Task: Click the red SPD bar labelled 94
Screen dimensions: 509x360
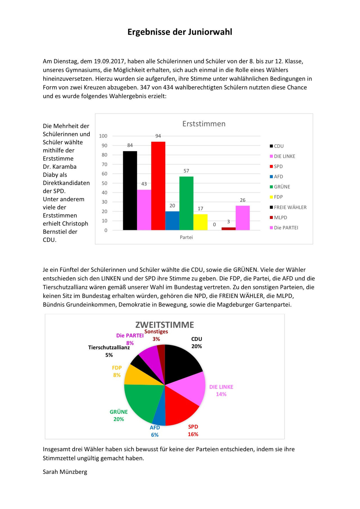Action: (x=158, y=186)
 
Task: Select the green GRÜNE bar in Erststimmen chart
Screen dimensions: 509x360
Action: (x=186, y=203)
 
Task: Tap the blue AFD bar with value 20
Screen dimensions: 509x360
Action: (x=172, y=221)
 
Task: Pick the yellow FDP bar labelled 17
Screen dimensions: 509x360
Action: (x=200, y=222)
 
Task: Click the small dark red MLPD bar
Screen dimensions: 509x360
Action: (x=228, y=229)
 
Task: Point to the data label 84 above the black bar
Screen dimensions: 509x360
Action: (x=130, y=145)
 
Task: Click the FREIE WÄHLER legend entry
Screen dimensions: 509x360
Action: (x=290, y=207)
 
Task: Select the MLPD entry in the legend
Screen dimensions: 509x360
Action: (x=280, y=217)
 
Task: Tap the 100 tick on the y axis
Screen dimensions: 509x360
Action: (x=103, y=136)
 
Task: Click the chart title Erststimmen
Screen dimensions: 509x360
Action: (x=204, y=124)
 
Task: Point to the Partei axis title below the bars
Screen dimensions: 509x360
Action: (x=186, y=237)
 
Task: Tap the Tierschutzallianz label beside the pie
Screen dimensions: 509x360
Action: (x=109, y=348)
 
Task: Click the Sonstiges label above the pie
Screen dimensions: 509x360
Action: (x=156, y=332)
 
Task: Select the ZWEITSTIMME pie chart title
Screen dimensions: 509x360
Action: (x=165, y=325)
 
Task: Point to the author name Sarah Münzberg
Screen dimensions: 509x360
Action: (x=65, y=472)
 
